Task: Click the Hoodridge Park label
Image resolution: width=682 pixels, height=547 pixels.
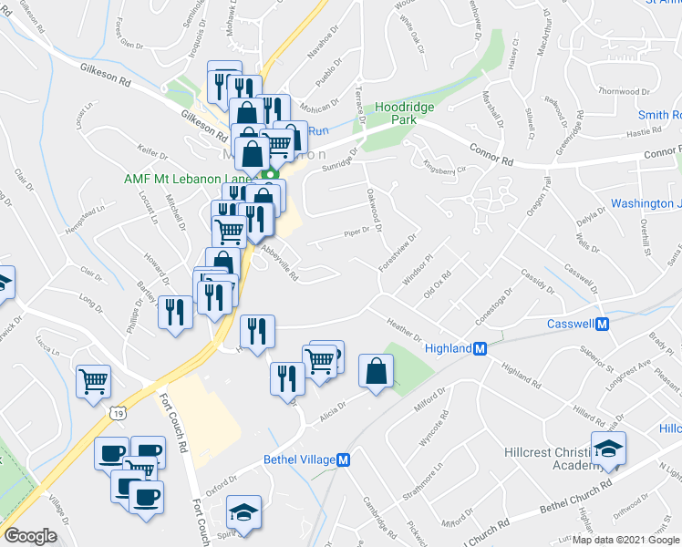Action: click(405, 113)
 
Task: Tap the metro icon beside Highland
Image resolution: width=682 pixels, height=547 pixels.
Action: click(480, 348)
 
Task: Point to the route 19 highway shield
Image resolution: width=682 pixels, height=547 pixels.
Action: click(119, 414)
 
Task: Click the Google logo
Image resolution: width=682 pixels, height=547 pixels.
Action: click(30, 535)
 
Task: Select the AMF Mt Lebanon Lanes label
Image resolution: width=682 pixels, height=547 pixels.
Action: click(187, 179)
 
